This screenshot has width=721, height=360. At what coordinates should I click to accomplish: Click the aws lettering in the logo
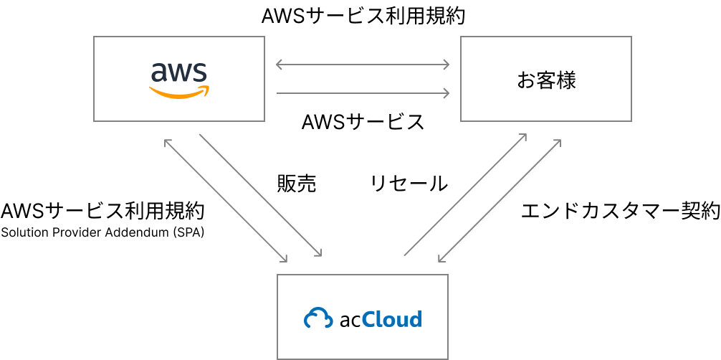point(178,72)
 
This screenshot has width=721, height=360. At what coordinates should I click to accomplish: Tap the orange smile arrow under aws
point(179,93)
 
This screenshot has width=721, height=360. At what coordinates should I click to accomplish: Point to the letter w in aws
point(179,72)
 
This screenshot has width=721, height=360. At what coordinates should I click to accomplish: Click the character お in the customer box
point(526,80)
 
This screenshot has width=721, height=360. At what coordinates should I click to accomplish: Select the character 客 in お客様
point(546,80)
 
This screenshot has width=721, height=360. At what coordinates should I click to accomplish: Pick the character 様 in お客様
point(566,80)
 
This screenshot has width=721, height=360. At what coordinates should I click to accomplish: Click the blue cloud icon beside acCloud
point(318,318)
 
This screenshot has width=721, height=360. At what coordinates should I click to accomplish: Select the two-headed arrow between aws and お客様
point(363,65)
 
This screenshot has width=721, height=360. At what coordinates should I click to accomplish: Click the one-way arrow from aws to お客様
point(363,93)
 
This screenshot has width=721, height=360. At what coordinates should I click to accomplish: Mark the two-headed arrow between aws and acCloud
point(225,200)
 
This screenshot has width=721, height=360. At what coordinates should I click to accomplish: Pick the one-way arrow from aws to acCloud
point(260,195)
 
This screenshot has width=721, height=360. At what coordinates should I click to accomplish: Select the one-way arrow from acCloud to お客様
point(465,194)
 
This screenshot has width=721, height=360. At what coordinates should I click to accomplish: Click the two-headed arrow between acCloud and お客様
point(499,200)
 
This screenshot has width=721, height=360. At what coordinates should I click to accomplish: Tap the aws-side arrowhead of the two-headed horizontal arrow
point(279,65)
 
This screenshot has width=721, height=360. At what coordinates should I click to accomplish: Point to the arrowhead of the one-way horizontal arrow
point(447,93)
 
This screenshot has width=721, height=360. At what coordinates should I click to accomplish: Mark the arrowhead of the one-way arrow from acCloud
point(524,136)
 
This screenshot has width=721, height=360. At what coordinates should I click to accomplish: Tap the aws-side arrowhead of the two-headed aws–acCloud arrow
point(166,141)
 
